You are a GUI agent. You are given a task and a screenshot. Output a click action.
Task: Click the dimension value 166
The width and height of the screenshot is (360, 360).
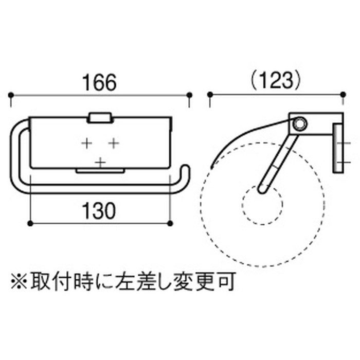click(x=99, y=82)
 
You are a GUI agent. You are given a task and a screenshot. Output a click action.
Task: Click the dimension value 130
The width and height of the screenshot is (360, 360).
click(x=99, y=211)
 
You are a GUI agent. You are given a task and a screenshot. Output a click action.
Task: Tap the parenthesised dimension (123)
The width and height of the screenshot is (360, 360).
click(x=275, y=81)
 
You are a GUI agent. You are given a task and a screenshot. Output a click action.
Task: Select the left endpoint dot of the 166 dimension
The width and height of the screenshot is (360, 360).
click(x=11, y=95)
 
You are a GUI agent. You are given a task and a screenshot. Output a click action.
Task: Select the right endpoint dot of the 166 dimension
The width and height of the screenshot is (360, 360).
click(x=189, y=95)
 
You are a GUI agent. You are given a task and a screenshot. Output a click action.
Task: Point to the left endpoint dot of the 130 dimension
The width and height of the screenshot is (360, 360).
click(x=30, y=223)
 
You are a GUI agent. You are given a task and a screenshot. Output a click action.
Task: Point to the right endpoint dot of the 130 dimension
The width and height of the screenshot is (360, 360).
click(x=170, y=223)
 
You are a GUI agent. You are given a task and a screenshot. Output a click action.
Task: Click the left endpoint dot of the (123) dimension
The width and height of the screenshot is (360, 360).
click(x=210, y=95)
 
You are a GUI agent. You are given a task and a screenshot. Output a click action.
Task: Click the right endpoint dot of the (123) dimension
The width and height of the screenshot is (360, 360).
click(x=343, y=95)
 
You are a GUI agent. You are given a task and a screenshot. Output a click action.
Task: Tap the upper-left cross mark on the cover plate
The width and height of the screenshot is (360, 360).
click(x=87, y=143)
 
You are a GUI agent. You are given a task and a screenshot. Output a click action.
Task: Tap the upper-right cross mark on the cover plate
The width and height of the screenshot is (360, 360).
click(x=114, y=143)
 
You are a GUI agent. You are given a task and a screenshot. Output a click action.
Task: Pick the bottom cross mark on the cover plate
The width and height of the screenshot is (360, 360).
click(x=100, y=163)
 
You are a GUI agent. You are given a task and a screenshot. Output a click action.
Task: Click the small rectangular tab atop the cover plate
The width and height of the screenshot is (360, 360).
click(x=100, y=118)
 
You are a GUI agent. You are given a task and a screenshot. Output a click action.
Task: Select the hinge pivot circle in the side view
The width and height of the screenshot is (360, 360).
click(x=299, y=124)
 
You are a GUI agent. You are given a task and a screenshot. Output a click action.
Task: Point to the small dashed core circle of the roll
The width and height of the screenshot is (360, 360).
click(x=262, y=204)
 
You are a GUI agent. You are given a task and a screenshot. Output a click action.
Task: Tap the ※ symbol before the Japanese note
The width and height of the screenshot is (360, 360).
click(x=19, y=281)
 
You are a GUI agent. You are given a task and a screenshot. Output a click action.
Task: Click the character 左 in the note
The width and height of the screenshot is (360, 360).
click(x=124, y=281)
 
